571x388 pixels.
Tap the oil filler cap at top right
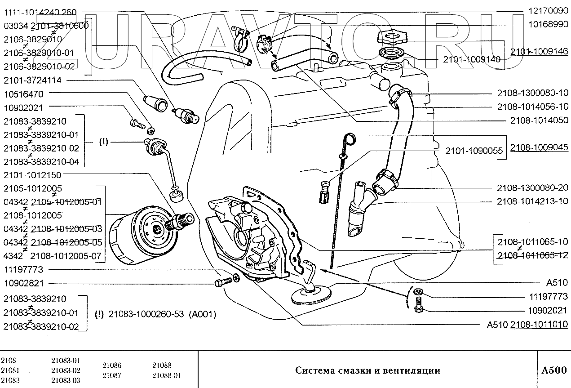pos(392,37)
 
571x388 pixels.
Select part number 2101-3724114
pos(32,80)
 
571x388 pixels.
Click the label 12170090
pos(548,10)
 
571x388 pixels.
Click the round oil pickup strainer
pos(311,295)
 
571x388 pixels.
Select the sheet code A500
pos(554,370)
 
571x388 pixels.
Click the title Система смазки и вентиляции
pos(367,370)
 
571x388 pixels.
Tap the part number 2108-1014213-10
pos(532,201)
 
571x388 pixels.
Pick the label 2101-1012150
pos(32,175)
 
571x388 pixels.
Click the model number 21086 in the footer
pos(112,366)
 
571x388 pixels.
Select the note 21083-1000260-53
pos(146,314)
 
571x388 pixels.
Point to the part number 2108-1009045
pos(539,147)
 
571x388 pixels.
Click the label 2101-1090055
pos(474,151)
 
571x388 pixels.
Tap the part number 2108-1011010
pos(539,324)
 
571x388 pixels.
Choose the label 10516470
pos(23,94)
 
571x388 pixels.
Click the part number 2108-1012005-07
pos(66,256)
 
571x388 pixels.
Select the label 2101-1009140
pos(472,59)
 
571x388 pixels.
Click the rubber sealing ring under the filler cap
pos(392,54)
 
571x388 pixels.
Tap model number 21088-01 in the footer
pos(167,375)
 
